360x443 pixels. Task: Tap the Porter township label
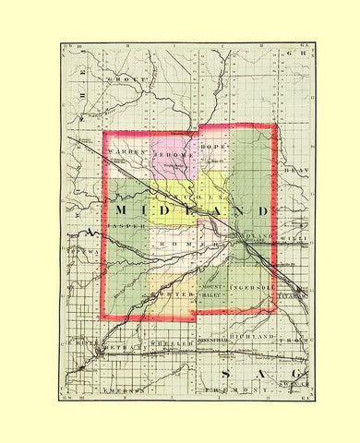tap(170, 294)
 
